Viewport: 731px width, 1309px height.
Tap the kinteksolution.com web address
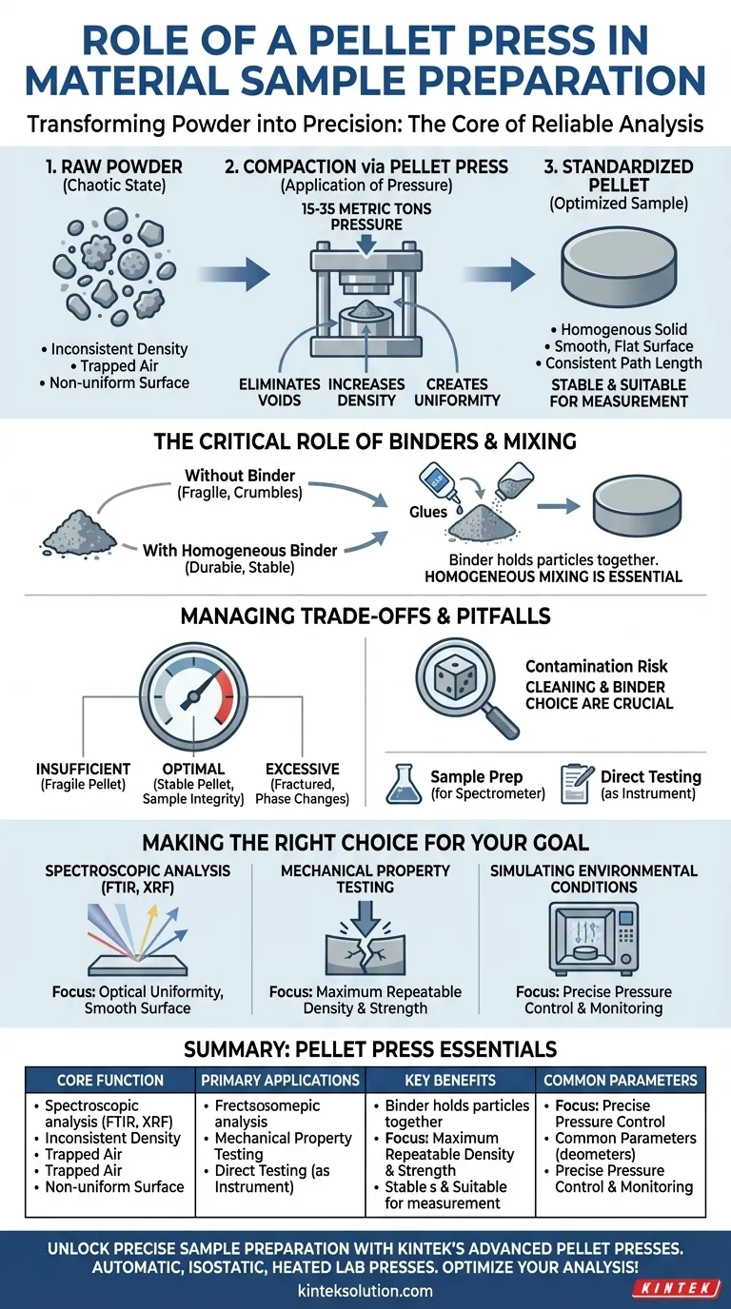coord(365,1290)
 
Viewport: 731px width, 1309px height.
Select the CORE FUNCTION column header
coord(109,1080)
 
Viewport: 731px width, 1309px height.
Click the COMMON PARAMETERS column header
coord(621,1080)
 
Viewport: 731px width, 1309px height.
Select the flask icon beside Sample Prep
coord(404,784)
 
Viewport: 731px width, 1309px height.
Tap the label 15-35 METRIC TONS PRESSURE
coord(365,216)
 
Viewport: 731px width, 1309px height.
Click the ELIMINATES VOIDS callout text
coord(278,392)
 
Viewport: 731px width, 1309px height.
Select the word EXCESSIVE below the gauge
coord(302,768)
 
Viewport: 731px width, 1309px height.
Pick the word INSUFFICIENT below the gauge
coord(83,768)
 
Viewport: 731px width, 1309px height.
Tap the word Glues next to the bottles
coord(428,512)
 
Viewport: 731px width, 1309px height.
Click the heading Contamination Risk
coord(597,667)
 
